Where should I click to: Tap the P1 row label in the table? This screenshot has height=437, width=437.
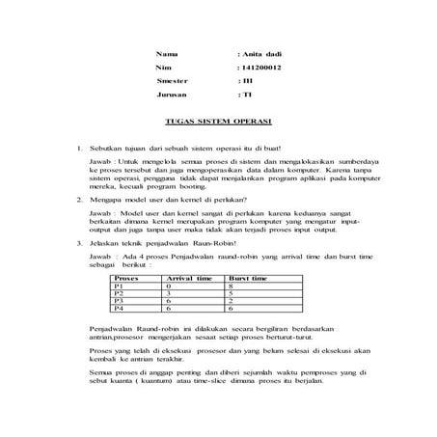(119, 285)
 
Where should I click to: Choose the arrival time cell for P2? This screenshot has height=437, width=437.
(169, 292)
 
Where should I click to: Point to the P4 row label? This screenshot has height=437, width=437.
(119, 309)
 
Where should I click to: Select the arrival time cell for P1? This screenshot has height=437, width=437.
(169, 285)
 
